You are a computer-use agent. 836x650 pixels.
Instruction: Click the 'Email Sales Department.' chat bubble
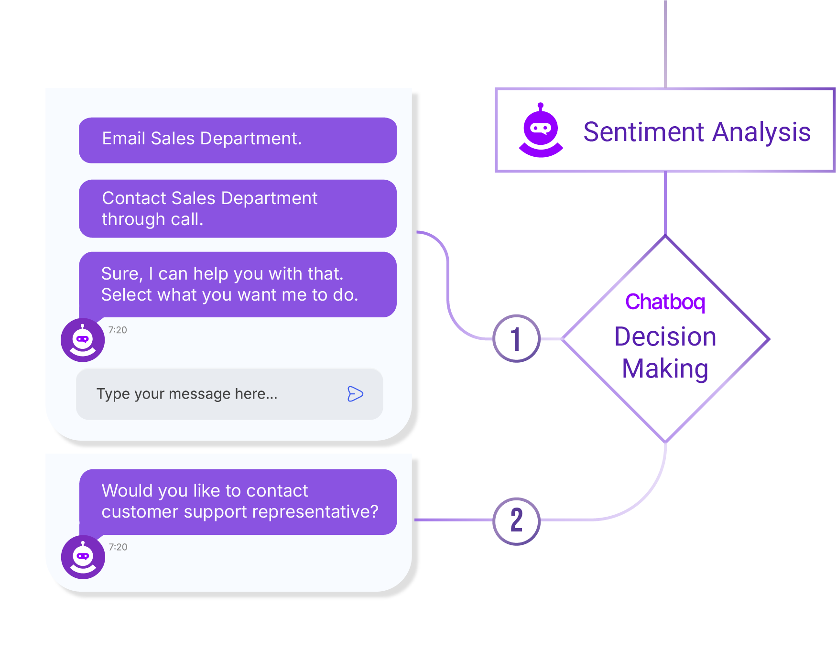click(x=238, y=140)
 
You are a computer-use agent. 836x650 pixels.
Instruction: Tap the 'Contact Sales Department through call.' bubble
click(x=238, y=208)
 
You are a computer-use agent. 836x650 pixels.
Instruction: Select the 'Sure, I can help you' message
click(x=238, y=284)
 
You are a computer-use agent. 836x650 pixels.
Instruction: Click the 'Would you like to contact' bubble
click(x=238, y=501)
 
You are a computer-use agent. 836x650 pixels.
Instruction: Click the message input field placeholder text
click(x=187, y=394)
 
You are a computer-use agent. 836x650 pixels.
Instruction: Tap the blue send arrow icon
click(x=355, y=394)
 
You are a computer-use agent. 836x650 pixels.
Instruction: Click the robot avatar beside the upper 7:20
click(x=83, y=340)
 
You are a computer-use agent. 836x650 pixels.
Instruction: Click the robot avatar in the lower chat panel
click(x=83, y=557)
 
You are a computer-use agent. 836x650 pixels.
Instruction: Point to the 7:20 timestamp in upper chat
click(x=118, y=330)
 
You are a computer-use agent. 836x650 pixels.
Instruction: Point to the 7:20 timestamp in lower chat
click(x=118, y=547)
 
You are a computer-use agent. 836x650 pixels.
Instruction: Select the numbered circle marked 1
click(x=516, y=339)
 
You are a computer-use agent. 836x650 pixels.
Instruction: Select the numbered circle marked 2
click(x=516, y=520)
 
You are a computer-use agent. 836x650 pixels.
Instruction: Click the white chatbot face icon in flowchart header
click(x=541, y=128)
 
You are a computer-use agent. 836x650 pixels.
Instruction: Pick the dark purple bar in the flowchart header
click(x=705, y=137)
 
